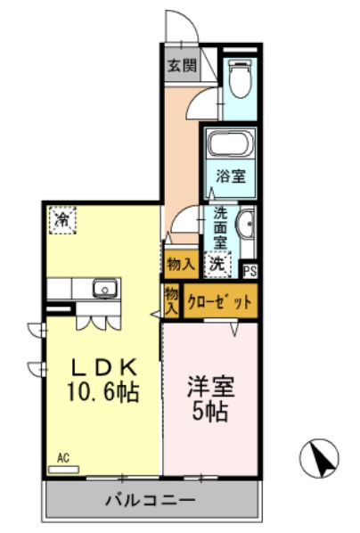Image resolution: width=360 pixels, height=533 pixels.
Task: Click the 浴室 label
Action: [x=231, y=176]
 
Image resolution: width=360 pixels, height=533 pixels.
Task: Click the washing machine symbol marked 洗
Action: [x=217, y=264]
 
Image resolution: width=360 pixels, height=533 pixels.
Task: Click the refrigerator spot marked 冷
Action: [x=62, y=218]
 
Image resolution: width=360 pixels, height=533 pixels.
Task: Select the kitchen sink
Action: [x=104, y=289]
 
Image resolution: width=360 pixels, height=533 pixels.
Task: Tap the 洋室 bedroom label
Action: [x=210, y=388]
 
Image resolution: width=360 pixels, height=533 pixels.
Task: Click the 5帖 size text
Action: [x=210, y=413]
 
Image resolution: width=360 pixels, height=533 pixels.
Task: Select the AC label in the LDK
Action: [x=63, y=458]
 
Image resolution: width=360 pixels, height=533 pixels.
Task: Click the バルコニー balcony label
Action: [x=152, y=499]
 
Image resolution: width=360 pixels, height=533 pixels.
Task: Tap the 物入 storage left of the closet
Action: [x=171, y=300]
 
